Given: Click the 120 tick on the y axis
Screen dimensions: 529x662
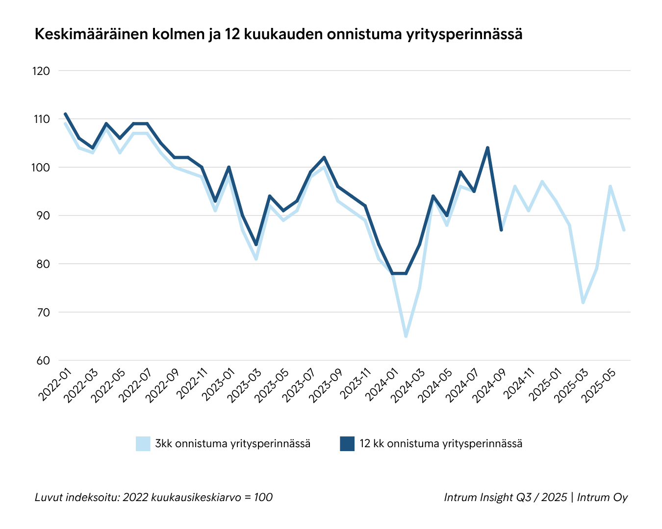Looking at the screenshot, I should (x=41, y=71).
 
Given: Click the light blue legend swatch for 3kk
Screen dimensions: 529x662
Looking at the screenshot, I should (x=143, y=444).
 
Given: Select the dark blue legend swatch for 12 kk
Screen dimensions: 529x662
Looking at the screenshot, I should (x=347, y=444).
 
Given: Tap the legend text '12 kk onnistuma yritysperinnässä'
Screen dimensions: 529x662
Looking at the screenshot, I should (x=441, y=444).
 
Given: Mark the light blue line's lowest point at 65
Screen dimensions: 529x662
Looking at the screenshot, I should (x=406, y=337).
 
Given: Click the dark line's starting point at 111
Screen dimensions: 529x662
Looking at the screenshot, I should (x=65, y=114).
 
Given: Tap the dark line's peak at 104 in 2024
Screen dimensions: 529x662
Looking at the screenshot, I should (x=487, y=148).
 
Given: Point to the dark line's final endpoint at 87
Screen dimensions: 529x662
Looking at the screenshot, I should (x=501, y=230).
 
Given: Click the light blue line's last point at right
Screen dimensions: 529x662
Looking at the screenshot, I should (x=624, y=230).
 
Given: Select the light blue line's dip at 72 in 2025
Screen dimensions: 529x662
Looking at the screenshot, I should (x=583, y=302).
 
